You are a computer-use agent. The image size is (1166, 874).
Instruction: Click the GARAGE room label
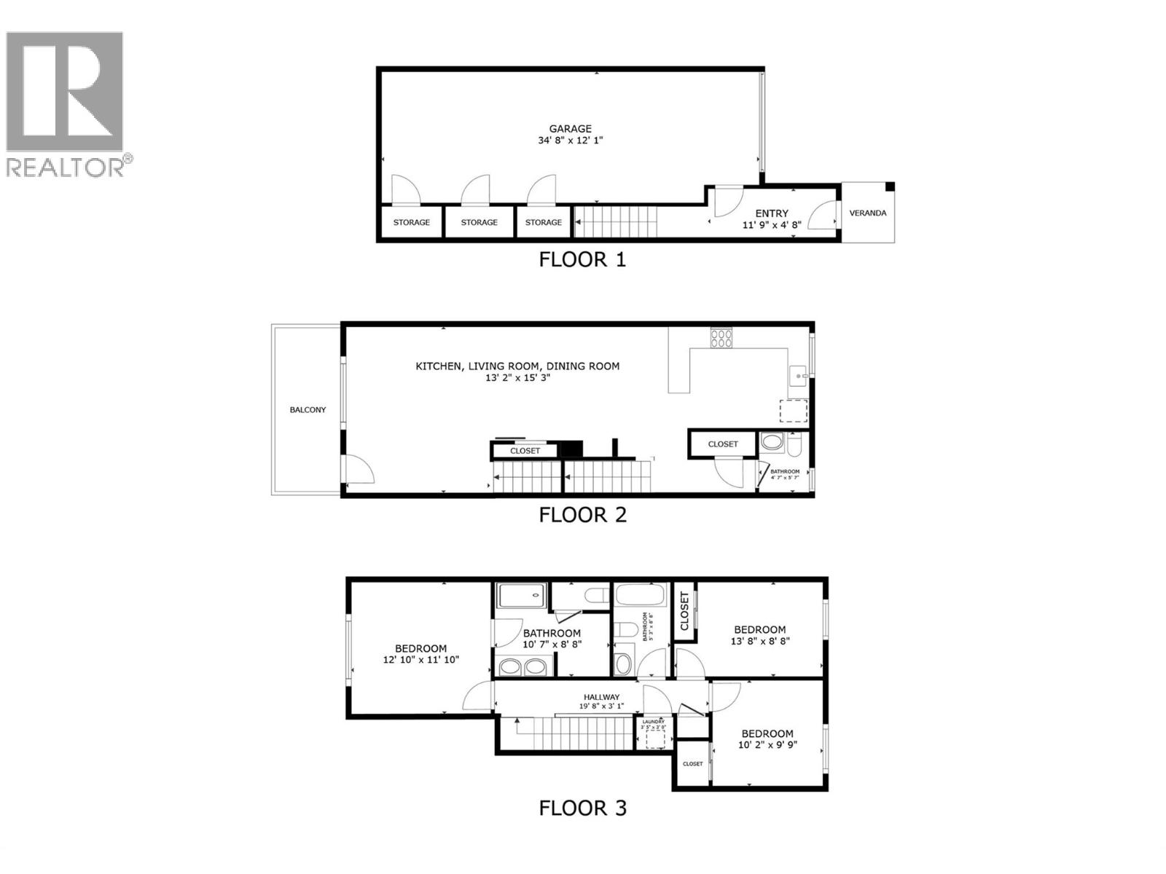pyautogui.click(x=571, y=129)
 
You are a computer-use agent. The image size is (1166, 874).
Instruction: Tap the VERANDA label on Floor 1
pyautogui.click(x=868, y=213)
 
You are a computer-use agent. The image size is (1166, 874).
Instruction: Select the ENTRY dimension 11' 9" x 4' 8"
pyautogui.click(x=772, y=225)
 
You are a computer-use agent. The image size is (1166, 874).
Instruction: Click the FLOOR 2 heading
pyautogui.click(x=582, y=515)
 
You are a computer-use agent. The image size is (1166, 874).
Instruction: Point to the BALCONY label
pyautogui.click(x=308, y=410)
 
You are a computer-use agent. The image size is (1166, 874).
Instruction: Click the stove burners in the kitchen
pyautogui.click(x=721, y=337)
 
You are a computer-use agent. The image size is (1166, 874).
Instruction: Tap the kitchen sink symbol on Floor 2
pyautogui.click(x=799, y=377)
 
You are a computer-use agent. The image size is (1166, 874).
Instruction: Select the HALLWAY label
pyautogui.click(x=601, y=697)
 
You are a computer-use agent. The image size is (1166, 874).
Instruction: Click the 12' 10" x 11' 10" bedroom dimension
pyautogui.click(x=421, y=660)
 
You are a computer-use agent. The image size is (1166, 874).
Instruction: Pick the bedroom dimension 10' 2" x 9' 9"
pyautogui.click(x=767, y=745)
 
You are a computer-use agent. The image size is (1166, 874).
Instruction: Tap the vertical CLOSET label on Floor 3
pyautogui.click(x=684, y=611)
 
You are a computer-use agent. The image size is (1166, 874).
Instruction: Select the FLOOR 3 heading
pyautogui.click(x=582, y=808)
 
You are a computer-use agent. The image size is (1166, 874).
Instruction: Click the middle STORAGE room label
pyautogui.click(x=479, y=222)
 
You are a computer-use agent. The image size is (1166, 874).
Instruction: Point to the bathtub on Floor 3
pyautogui.click(x=641, y=594)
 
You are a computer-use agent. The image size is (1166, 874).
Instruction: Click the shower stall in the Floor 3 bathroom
pyautogui.click(x=522, y=595)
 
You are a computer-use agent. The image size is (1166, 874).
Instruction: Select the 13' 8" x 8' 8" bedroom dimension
pyautogui.click(x=760, y=642)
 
